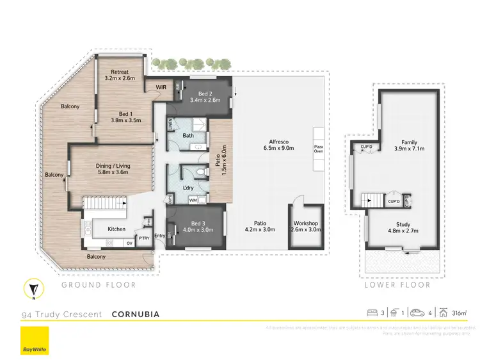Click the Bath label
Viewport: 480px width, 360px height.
pos(188,135)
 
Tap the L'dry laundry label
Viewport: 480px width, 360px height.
pos(188,188)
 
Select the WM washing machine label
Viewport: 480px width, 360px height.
pos(193,201)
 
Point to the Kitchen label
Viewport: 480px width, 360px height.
pos(116,229)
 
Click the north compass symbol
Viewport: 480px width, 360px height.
pos(34,290)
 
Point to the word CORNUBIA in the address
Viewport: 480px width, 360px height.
pos(135,315)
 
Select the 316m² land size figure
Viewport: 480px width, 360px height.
pos(458,314)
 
